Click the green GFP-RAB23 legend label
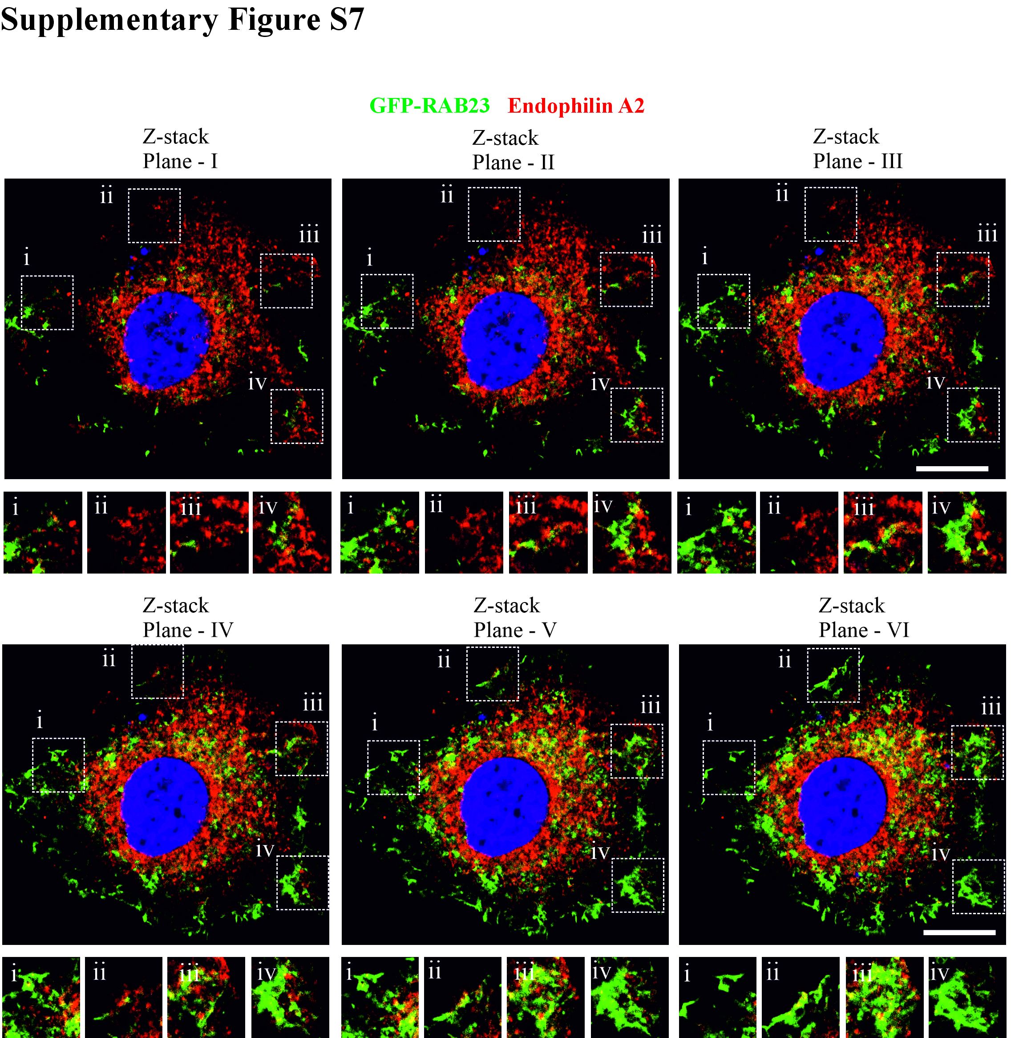pos(430,106)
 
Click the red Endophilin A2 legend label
pos(576,106)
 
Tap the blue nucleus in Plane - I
pos(166,341)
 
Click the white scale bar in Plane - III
pos(952,468)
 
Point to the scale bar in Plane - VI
pos(959,932)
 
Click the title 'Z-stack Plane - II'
pos(513,150)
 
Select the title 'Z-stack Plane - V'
pos(515,618)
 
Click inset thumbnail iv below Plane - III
pos(966,533)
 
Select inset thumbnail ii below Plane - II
pos(464,533)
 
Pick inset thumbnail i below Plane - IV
pos(41,997)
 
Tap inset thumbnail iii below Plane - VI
pos(884,997)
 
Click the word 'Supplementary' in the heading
pos(109,20)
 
